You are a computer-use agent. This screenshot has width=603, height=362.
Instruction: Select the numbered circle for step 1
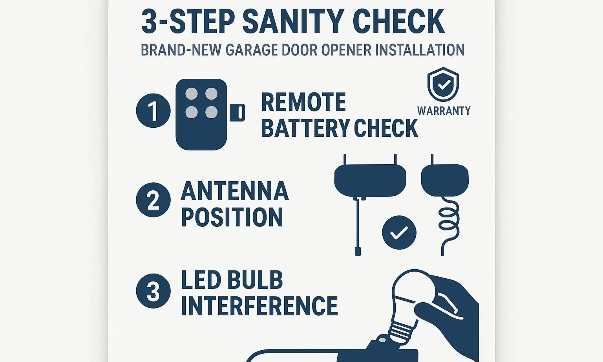click(x=153, y=111)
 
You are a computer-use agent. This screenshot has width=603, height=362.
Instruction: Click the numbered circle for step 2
click(x=153, y=200)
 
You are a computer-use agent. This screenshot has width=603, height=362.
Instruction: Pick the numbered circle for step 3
click(x=153, y=291)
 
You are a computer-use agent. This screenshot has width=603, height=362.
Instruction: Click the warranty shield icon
click(x=443, y=85)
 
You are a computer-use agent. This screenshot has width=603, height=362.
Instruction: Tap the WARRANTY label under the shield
click(x=444, y=111)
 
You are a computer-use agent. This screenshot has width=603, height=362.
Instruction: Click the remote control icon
click(x=201, y=114)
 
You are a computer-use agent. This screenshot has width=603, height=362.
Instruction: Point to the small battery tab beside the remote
click(x=239, y=112)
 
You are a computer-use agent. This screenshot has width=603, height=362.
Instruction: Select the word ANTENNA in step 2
click(x=235, y=191)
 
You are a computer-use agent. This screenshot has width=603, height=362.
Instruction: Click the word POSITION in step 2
click(x=232, y=217)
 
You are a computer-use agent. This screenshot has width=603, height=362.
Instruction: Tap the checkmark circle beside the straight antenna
click(x=399, y=233)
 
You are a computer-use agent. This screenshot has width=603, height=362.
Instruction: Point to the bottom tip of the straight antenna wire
click(x=358, y=252)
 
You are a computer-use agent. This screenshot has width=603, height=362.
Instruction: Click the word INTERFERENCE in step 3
click(x=259, y=306)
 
